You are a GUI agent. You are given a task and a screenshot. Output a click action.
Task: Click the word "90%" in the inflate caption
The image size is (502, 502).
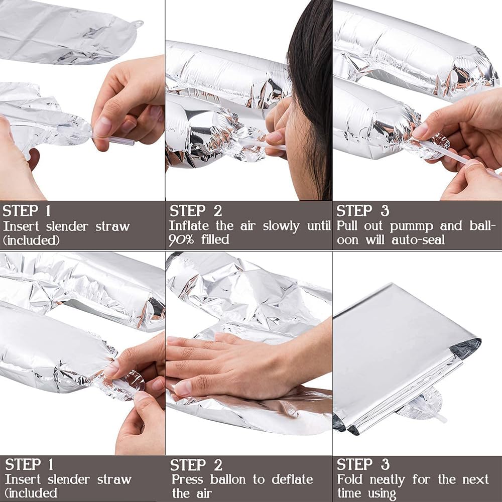(x=181, y=239)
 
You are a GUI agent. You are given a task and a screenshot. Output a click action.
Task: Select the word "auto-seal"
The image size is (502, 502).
(x=418, y=240)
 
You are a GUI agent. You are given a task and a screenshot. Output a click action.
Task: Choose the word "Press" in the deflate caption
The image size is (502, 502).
(x=187, y=479)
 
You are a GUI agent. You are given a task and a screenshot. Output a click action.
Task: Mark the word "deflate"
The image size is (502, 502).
(x=292, y=479)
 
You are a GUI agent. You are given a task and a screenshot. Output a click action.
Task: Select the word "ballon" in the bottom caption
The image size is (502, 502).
(x=228, y=479)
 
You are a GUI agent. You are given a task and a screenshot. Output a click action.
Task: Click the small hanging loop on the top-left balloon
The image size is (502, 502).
(x=138, y=24)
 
